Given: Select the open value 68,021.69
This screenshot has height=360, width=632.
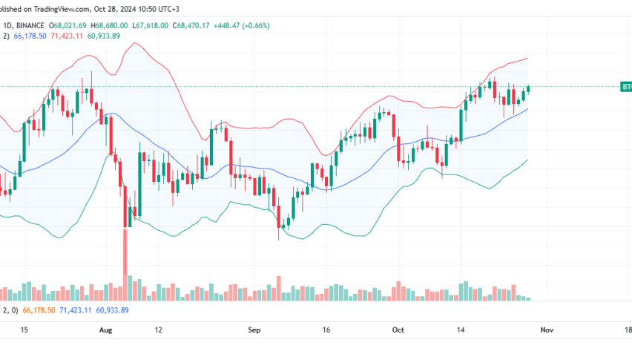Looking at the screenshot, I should [73, 25].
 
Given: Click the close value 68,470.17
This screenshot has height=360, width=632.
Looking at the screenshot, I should [195, 25].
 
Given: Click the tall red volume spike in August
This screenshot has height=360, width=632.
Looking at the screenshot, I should [125, 264].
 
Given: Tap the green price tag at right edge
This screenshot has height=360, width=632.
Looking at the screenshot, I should [626, 87].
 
